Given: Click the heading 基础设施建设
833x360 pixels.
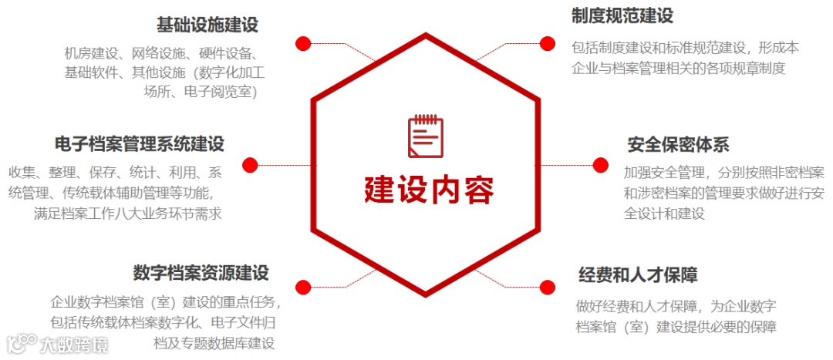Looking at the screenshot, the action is (207, 25).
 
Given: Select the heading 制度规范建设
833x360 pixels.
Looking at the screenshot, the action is (622, 15).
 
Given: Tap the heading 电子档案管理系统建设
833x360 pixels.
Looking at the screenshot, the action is (140, 144).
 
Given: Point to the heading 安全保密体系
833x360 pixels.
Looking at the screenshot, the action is (678, 144).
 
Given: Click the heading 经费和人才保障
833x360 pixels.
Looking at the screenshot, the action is (638, 274).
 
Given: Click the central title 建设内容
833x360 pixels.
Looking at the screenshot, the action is (429, 190).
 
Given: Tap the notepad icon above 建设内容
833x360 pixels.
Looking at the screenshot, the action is (426, 136).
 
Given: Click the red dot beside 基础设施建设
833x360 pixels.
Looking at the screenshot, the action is (303, 43).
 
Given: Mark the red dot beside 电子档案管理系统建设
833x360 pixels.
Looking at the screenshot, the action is (250, 164).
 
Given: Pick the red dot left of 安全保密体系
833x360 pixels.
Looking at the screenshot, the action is (600, 164).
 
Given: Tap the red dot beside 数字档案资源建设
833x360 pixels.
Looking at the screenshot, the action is (303, 287).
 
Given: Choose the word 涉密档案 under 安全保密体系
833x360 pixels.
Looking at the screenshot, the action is (663, 192).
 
